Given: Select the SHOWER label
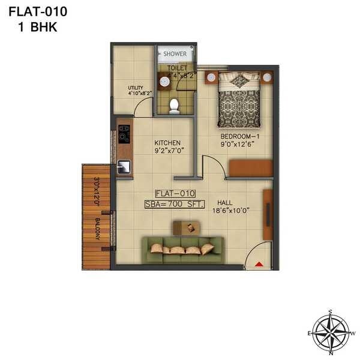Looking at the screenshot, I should (x=175, y=54).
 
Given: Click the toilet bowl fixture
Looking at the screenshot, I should (x=174, y=106).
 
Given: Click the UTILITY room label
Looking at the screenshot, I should (x=136, y=88).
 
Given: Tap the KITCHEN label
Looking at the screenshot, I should (x=167, y=143).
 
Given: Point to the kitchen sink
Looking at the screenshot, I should (x=124, y=167).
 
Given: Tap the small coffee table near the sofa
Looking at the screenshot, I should (x=187, y=227).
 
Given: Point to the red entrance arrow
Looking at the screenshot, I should (x=259, y=263).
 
